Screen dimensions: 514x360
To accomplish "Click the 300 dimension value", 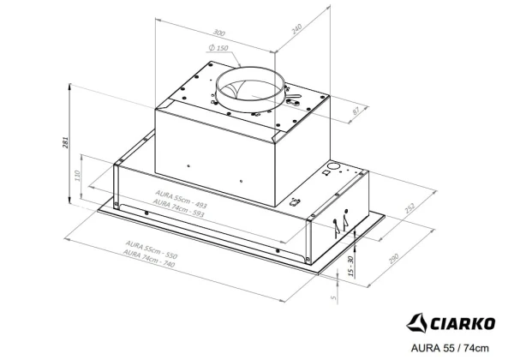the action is click(219, 33).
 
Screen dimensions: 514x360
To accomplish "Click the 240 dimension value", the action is click(296, 29).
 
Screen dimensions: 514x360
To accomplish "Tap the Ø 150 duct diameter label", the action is click(218, 48).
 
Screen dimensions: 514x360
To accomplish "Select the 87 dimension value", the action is click(356, 111).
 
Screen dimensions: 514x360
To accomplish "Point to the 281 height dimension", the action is click(66, 142).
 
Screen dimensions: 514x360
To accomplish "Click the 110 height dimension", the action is click(78, 176).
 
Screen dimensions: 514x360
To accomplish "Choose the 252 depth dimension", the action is click(409, 208).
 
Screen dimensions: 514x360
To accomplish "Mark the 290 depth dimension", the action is click(393, 259).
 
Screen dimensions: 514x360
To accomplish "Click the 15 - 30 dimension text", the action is click(350, 266).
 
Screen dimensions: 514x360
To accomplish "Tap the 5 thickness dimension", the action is click(334, 297).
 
